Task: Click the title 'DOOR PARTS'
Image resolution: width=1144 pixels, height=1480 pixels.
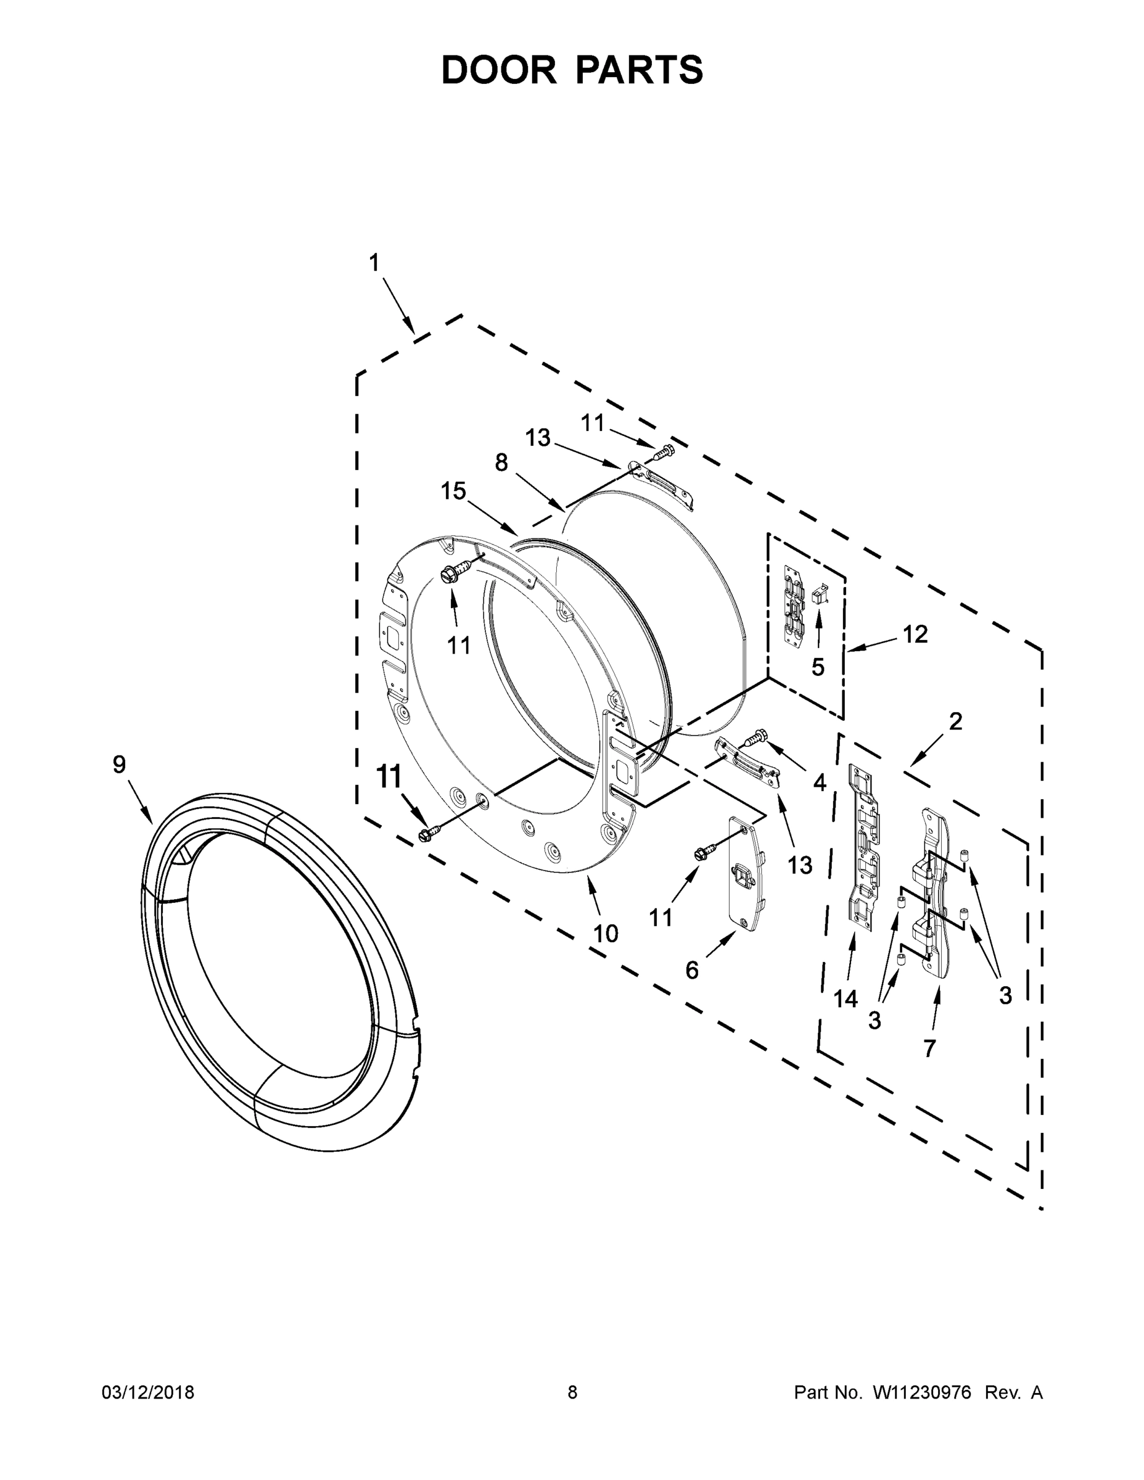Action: pos(572,70)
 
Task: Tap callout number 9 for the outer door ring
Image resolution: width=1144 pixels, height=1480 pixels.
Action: pos(119,765)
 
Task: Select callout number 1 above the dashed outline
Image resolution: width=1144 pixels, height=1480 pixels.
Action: pos(374,263)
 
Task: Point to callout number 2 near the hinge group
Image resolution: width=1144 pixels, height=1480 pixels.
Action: pos(955,721)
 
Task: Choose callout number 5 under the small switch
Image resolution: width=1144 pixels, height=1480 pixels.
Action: pos(818,667)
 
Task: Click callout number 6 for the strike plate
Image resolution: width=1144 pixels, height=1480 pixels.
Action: pos(691,971)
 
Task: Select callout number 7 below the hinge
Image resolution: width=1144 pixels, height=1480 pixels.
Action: pos(930,1048)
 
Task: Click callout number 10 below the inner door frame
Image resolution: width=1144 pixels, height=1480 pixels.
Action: pos(605,934)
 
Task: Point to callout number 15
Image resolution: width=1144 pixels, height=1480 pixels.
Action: pos(453,491)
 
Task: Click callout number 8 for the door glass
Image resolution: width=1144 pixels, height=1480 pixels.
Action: pos(501,463)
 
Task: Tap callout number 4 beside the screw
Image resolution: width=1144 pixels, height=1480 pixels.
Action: pos(820,783)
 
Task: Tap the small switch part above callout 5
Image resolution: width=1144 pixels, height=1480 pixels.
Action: pos(820,595)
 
